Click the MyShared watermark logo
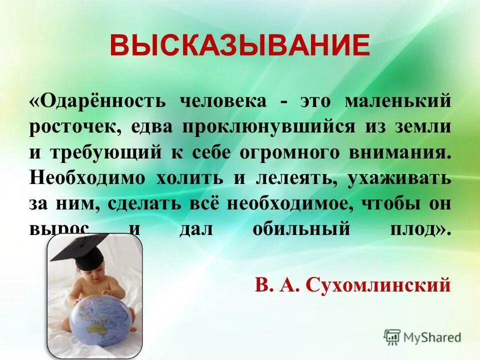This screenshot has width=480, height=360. [422, 337]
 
